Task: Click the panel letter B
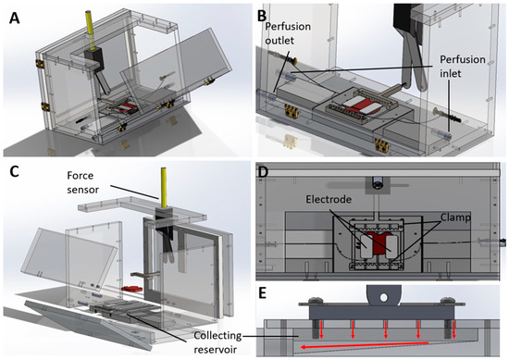pyautogui.click(x=264, y=14)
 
